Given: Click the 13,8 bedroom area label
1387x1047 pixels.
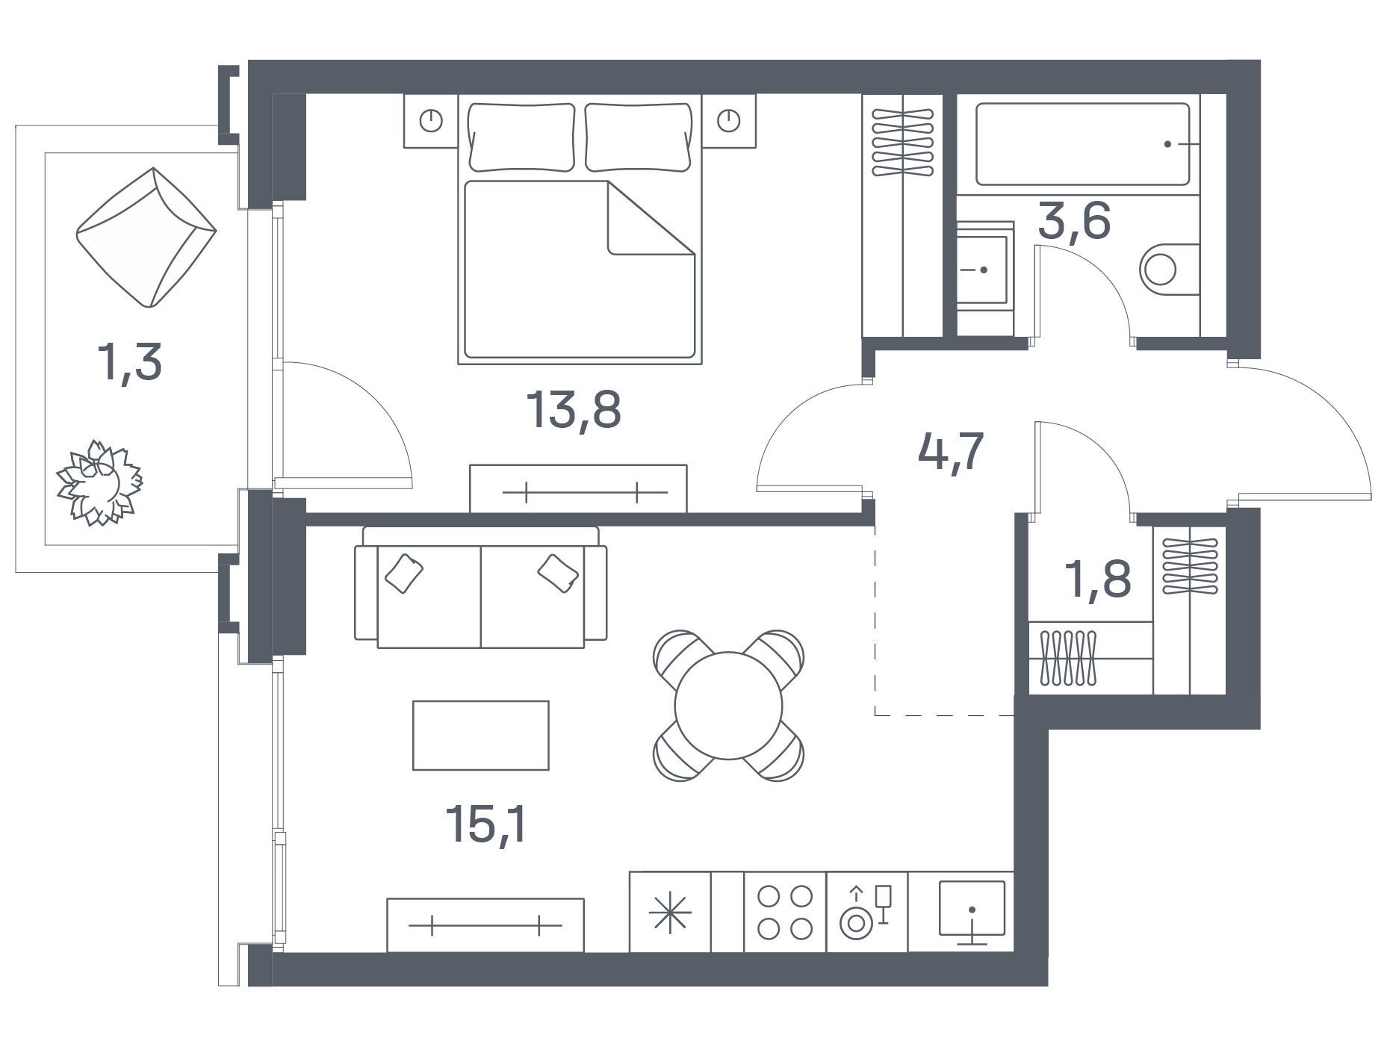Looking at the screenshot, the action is coord(574,411).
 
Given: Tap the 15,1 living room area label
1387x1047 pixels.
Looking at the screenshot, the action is coord(485,824).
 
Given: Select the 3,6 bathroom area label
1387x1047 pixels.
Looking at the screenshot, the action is coord(1074,222).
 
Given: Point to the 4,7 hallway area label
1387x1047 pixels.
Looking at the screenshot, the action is coord(951,453).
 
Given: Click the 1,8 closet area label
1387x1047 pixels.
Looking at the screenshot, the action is coord(1100,580).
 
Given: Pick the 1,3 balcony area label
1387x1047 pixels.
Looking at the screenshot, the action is coord(129,364).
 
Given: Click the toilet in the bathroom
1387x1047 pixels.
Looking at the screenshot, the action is coord(1170,269).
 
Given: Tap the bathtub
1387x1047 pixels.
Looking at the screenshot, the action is coord(1082,144).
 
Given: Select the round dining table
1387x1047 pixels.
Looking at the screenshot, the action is coord(728,706).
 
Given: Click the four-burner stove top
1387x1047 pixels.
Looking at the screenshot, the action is coord(785,912).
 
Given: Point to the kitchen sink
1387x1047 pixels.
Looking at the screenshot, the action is coord(972,912).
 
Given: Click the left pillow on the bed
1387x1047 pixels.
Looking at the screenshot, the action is coord(521,137).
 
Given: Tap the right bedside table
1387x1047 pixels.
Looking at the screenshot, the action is coord(729,120).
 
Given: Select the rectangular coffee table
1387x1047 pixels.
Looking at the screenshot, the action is coord(481,735).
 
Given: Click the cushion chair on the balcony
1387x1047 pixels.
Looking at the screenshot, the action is coord(146,237).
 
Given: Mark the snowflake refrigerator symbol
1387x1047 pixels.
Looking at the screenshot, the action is coord(670,912).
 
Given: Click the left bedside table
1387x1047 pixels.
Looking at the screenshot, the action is coord(431,120).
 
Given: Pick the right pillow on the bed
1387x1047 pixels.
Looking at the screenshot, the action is coord(638,137).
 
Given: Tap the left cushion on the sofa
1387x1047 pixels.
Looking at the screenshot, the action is coord(404,574).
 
